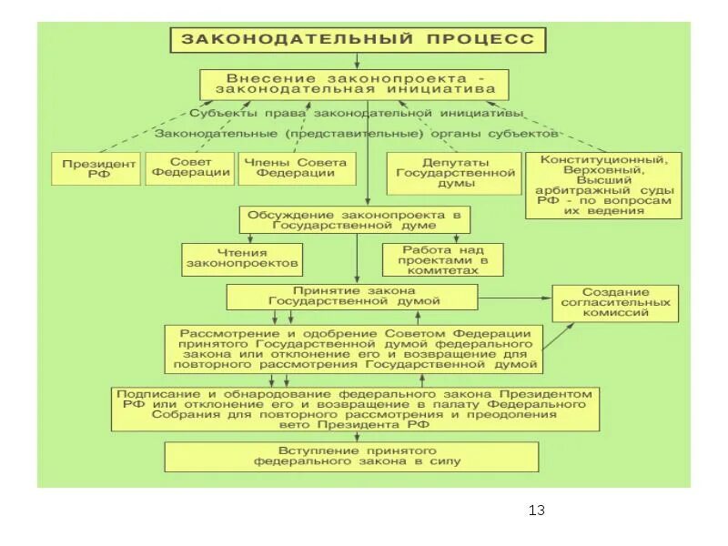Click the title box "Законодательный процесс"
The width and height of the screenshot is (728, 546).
point(358,40)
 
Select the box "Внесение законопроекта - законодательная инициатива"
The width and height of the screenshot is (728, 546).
point(355,85)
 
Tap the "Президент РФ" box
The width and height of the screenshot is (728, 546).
point(94,169)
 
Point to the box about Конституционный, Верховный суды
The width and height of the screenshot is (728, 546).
point(602,185)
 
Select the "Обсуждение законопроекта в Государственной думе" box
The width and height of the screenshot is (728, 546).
point(357,219)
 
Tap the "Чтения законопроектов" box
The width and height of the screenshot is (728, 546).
point(241,258)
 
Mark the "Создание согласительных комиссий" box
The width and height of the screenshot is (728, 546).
point(616,302)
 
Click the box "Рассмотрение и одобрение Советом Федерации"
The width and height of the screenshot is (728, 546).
point(354,349)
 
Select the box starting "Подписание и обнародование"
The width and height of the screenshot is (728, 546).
point(356,409)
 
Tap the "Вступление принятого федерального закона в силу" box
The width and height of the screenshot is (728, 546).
point(357,456)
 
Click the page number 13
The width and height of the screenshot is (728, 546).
point(536,510)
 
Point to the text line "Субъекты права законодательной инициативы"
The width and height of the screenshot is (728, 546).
point(357,114)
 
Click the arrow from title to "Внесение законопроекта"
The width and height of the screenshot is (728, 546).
point(357,62)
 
